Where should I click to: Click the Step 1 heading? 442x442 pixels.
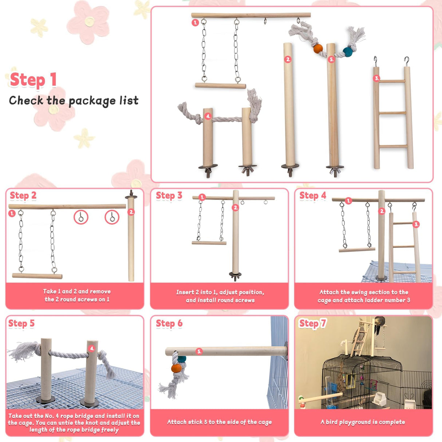[x=33, y=80]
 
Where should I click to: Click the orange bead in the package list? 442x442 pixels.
[x=318, y=48]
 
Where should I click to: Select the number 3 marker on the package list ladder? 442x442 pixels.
[x=377, y=78]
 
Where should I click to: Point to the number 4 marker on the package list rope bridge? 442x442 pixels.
[x=208, y=117]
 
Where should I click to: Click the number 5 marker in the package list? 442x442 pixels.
[x=331, y=59]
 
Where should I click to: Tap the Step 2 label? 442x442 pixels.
[x=23, y=196]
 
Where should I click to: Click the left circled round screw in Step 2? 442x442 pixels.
[x=81, y=217]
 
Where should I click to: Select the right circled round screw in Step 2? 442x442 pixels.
[x=112, y=217]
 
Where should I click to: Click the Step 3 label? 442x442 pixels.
[x=169, y=196]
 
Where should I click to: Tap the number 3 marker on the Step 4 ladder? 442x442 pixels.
[x=416, y=224]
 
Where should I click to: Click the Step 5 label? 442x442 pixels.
[x=21, y=323]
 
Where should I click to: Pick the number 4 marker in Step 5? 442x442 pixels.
[x=92, y=348]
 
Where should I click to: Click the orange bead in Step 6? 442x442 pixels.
[x=176, y=368]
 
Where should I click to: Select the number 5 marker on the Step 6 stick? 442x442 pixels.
[x=199, y=351]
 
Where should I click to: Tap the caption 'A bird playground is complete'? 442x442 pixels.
[x=363, y=422]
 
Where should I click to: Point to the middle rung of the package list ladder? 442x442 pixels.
[x=393, y=113]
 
